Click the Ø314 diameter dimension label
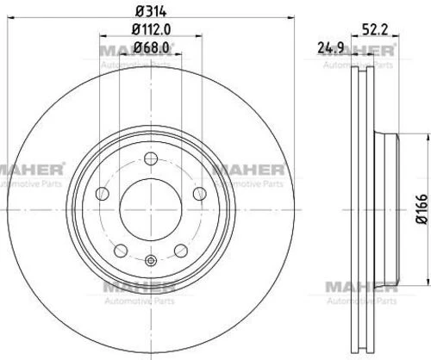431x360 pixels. (151, 11)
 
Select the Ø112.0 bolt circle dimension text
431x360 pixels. (151, 29)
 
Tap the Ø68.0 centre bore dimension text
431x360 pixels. (152, 47)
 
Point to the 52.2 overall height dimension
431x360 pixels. (375, 29)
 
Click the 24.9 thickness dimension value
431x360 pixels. (330, 47)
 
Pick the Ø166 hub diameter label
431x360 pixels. (422, 209)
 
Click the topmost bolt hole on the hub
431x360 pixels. (151, 158)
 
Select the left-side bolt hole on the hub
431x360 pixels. (102, 194)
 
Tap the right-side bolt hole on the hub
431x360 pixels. (200, 194)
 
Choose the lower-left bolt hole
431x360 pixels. (121, 251)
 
